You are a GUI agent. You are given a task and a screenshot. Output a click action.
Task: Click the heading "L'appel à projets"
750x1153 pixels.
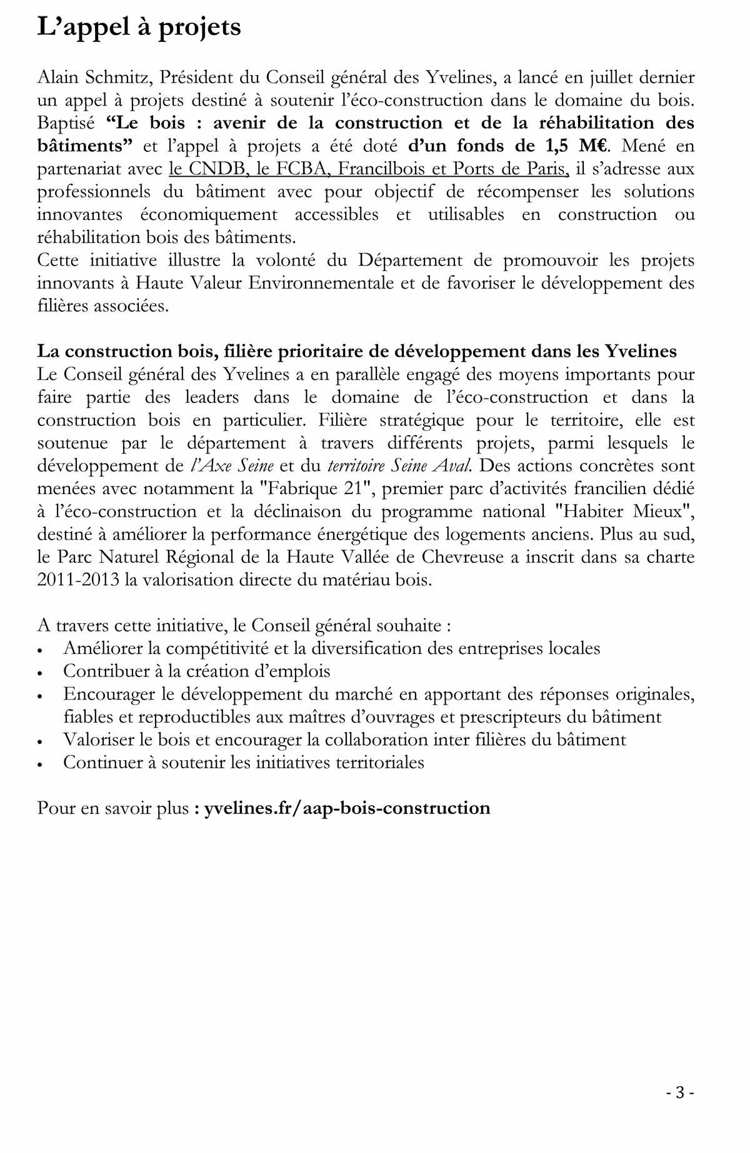139,27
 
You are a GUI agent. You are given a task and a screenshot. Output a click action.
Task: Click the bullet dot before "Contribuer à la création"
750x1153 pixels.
41,673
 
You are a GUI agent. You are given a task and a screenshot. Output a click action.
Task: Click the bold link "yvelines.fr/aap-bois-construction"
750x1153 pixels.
347,808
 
